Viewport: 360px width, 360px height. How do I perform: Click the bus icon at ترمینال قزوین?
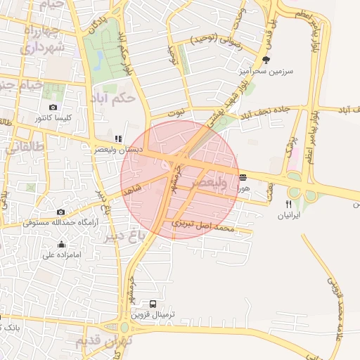pyautogui.click(x=153, y=304)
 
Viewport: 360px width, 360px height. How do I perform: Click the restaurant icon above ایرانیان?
pyautogui.click(x=287, y=203)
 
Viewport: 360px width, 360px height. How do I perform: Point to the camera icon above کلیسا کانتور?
pyautogui.click(x=53, y=106)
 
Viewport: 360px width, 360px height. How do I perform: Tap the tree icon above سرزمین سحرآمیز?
pyautogui.click(x=265, y=60)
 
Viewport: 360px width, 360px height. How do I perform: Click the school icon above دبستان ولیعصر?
pyautogui.click(x=117, y=139)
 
